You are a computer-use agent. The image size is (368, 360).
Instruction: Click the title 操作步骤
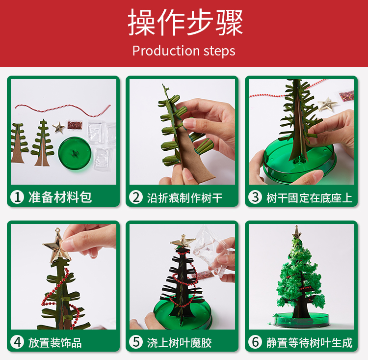click(x=185, y=22)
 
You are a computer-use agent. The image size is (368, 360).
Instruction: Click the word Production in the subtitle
click(x=166, y=51)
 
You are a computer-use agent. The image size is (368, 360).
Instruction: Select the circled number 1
click(x=17, y=196)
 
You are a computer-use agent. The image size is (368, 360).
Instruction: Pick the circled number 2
click(x=136, y=197)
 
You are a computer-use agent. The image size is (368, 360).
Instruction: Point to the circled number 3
click(x=255, y=197)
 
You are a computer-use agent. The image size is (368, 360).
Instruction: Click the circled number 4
click(x=17, y=342)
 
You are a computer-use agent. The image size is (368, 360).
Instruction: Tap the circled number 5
click(x=136, y=342)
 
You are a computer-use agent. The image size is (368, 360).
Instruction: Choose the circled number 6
click(x=255, y=342)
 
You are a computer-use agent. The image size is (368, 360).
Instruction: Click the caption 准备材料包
click(x=60, y=197)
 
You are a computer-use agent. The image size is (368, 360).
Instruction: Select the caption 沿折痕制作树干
click(x=184, y=197)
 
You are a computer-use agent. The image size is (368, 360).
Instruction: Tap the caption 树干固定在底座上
click(x=309, y=197)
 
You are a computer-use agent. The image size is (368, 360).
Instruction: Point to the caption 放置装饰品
click(x=55, y=343)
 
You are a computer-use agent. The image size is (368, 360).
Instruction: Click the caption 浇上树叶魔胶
click(x=179, y=343)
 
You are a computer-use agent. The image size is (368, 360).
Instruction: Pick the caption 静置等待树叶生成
click(x=309, y=343)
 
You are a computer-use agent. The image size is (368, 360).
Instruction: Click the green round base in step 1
click(x=75, y=153)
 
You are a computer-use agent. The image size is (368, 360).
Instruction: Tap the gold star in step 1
click(x=58, y=128)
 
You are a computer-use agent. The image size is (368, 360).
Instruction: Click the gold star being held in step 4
click(x=57, y=246)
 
